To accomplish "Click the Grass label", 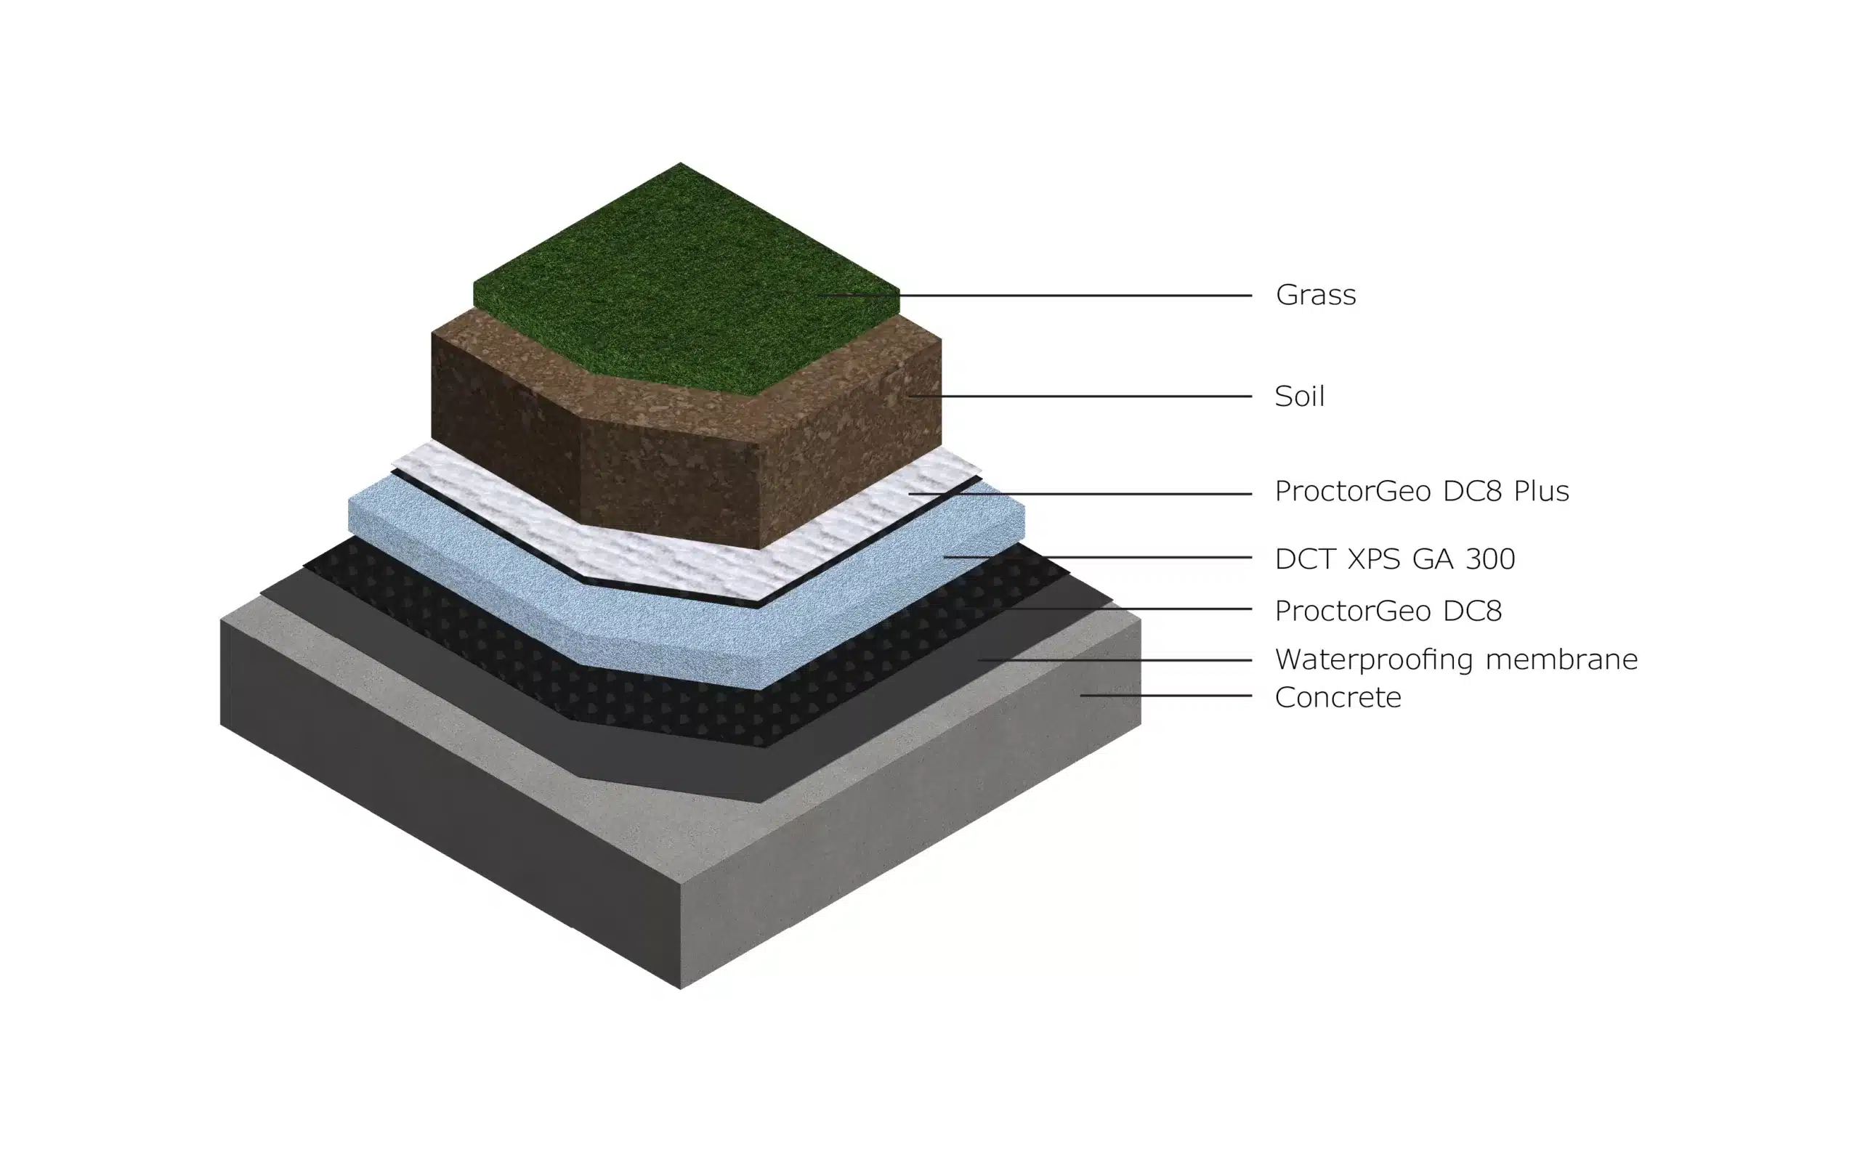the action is (1315, 295).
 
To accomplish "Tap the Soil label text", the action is (1299, 397).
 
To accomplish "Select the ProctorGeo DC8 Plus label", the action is (1421, 491).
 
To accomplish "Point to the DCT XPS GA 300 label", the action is (1394, 558).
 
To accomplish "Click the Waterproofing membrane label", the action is (1456, 659).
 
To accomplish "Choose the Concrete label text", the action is (1338, 697).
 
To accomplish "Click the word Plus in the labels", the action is (1541, 491).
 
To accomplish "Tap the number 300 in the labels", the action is (1490, 558).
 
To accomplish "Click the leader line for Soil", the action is (1080, 397).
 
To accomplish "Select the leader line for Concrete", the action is (1167, 696).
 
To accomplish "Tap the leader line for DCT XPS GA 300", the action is (1098, 557).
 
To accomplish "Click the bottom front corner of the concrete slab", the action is (680, 989).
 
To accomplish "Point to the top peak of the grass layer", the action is (680, 163).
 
